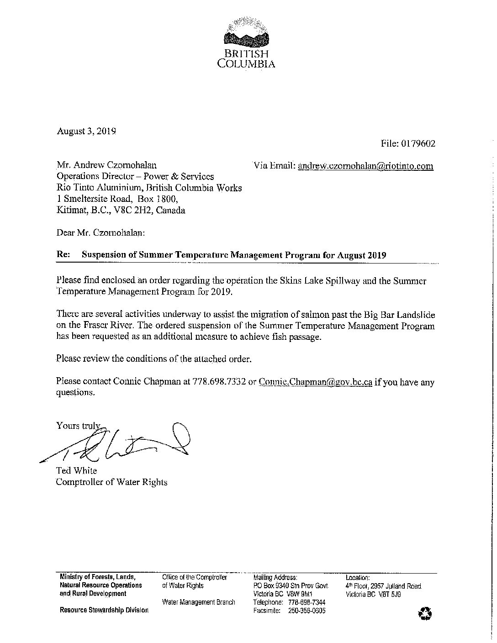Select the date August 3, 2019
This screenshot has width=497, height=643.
[x=86, y=131]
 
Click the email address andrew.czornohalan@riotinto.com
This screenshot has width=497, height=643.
[x=365, y=166]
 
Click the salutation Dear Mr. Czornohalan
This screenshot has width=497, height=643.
[x=100, y=232]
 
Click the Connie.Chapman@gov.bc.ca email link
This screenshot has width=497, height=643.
[x=315, y=381]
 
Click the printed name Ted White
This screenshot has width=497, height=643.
[x=76, y=471]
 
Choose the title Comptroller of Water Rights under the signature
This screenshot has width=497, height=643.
[x=111, y=482]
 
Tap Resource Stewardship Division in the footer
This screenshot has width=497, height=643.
[x=104, y=610]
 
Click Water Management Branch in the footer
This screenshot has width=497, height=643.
[x=198, y=602]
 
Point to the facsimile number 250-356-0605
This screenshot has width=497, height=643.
[x=307, y=611]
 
